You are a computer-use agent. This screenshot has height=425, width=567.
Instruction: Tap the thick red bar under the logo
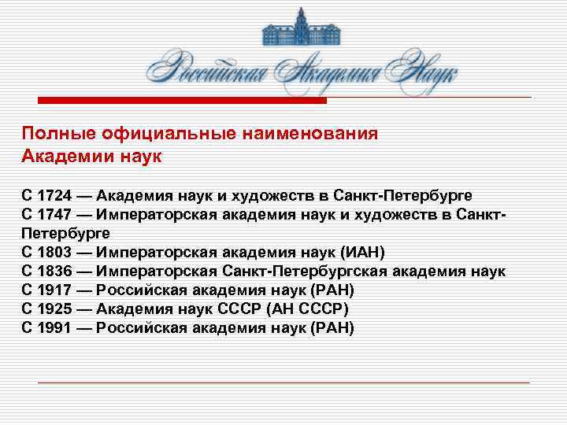pyautogui.click(x=183, y=101)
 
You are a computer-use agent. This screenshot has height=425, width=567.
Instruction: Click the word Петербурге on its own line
pyautogui.click(x=67, y=233)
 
